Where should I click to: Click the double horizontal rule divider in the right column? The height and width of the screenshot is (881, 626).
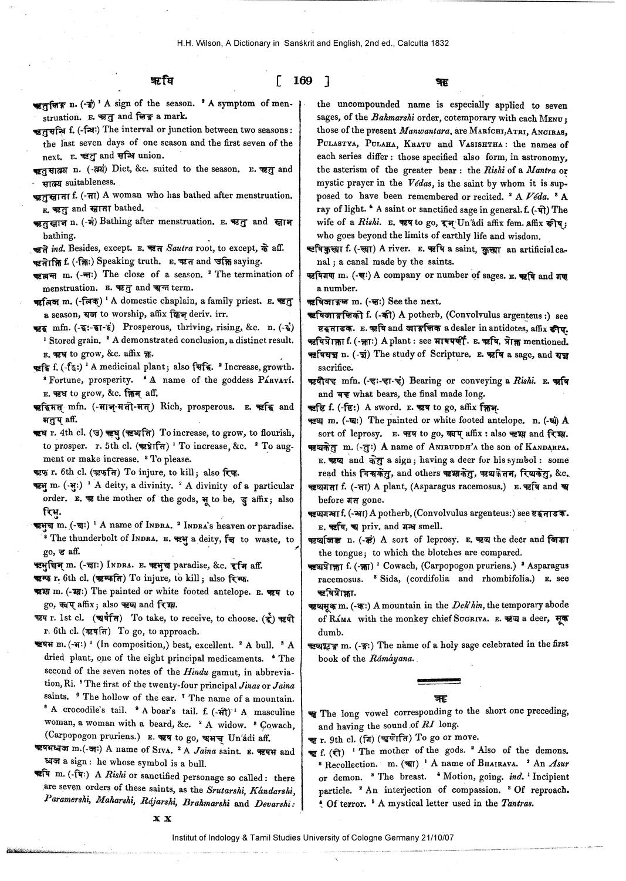point(440,682)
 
